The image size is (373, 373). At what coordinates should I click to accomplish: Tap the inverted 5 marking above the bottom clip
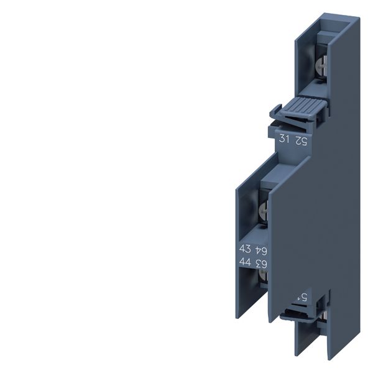302,298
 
